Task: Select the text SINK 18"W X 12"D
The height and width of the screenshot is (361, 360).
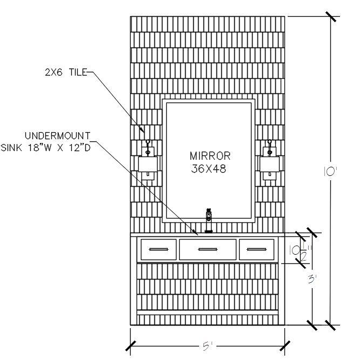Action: [46, 147]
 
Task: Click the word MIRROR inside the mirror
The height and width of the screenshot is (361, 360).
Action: [210, 156]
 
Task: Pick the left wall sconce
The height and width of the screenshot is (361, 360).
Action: [147, 160]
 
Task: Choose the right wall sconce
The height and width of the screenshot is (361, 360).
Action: [269, 160]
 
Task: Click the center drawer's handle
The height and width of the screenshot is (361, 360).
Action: [208, 249]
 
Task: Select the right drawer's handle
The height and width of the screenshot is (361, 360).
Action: [257, 249]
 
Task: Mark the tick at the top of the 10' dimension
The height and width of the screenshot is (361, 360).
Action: [331, 17]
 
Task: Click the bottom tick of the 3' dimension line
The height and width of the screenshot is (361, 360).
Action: [312, 325]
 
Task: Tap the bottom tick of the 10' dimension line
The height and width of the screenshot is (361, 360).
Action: [331, 325]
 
